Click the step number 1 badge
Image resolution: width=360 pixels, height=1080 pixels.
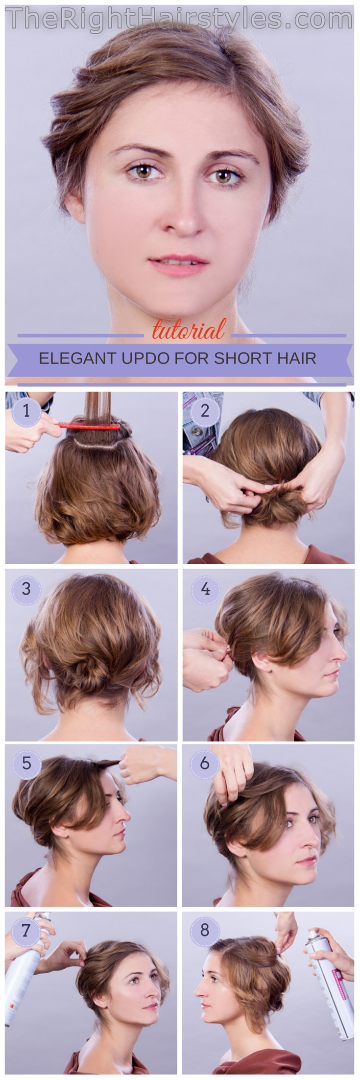[x=26, y=410]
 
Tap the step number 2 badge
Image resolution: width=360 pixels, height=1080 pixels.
[x=205, y=410]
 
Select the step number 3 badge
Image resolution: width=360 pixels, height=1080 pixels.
[x=26, y=588]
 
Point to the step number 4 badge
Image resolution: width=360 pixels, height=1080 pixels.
[x=205, y=588]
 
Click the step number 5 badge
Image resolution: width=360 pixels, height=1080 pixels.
[x=26, y=763]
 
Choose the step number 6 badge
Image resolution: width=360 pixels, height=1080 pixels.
[x=205, y=763]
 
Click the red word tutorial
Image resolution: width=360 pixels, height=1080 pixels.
[x=189, y=330]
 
